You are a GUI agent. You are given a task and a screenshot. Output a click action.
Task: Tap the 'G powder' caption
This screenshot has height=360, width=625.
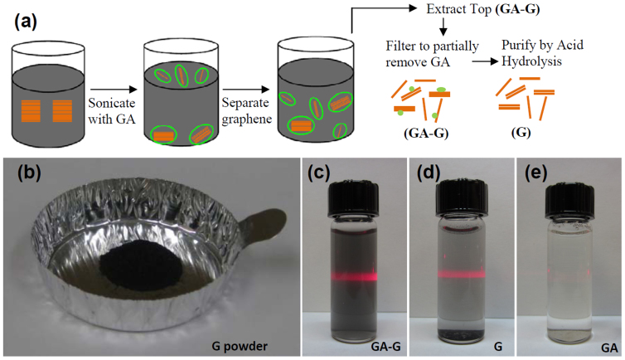coord(247,339)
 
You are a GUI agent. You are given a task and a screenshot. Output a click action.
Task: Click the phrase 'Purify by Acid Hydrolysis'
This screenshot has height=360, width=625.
coord(545,55)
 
